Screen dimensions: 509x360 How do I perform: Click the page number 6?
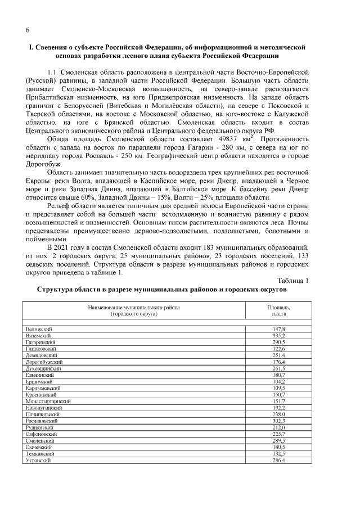click(x=27, y=29)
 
